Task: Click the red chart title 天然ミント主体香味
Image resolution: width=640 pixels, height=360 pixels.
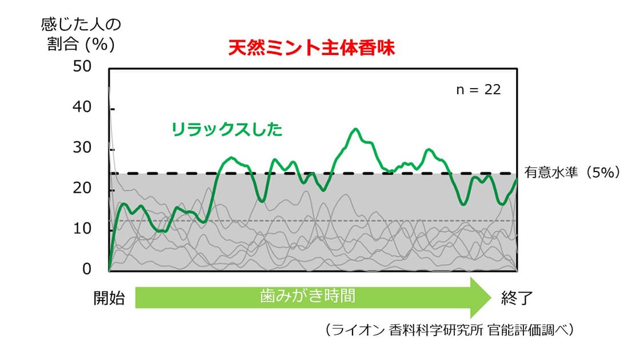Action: (311, 48)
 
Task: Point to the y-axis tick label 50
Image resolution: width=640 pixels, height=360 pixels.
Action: (82, 66)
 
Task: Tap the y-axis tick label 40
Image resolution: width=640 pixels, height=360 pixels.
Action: (82, 107)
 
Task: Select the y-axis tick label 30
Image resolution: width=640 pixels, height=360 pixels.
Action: (82, 147)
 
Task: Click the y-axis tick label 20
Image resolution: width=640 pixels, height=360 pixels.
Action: (82, 188)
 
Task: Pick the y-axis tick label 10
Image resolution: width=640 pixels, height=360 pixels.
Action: (82, 228)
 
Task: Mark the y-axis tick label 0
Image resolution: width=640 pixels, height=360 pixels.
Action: (86, 269)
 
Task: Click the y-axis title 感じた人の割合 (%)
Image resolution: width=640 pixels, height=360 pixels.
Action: (81, 34)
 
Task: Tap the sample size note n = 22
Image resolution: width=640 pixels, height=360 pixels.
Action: (478, 90)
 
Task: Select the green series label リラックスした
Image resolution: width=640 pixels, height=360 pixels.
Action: (227, 129)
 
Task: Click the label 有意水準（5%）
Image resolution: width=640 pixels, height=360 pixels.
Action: (572, 172)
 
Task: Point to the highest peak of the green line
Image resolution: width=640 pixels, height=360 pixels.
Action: (355, 129)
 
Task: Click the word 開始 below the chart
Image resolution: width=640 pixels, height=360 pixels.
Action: (109, 298)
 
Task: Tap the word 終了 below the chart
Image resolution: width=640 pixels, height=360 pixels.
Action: (517, 298)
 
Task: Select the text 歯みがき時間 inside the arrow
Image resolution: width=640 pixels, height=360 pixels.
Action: (307, 295)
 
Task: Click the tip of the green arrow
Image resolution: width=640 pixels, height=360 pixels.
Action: (491, 298)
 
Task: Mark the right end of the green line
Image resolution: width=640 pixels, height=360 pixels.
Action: (517, 179)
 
